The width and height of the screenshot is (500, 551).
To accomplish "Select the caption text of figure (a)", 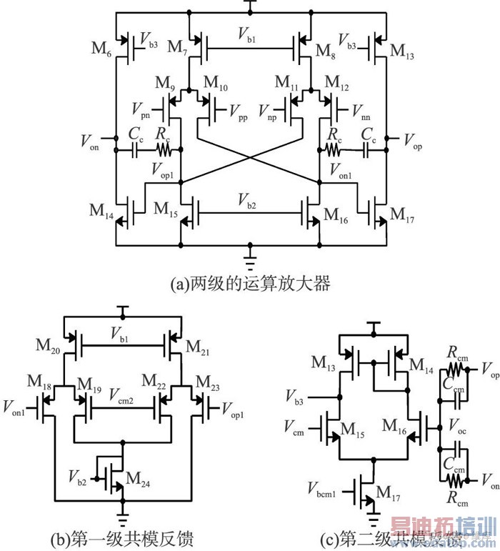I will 250,284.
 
